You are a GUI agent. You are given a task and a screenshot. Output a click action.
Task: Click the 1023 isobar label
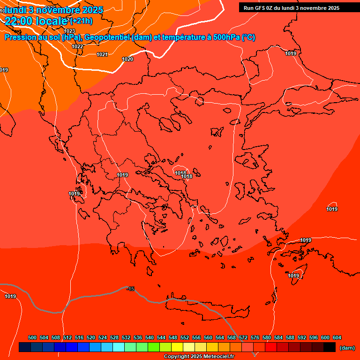click(69, 31)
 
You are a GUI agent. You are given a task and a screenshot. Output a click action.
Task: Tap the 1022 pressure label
click(78, 46)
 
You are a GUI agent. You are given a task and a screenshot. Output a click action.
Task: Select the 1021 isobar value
click(102, 54)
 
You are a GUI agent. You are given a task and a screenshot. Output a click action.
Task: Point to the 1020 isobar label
click(127, 59)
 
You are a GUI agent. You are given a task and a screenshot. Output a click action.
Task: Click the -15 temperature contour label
click(130, 289)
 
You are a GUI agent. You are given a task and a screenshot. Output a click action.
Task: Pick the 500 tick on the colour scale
click(32, 337)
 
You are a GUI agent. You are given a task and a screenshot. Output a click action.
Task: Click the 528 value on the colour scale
click(114, 337)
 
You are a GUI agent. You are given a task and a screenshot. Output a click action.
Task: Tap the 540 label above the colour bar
click(150, 337)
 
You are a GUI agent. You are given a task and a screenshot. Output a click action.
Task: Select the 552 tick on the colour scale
click(185, 337)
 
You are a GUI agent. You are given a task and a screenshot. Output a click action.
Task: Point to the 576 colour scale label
click(255, 337)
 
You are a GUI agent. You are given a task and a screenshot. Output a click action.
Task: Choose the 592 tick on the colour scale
click(302, 337)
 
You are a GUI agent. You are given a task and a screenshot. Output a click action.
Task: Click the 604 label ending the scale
click(337, 337)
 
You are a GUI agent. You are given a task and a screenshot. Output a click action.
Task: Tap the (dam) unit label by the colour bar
click(347, 347)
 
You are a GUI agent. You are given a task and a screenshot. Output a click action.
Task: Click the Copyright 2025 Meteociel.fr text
click(199, 357)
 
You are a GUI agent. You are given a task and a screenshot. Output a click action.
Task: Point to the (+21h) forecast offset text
click(81, 21)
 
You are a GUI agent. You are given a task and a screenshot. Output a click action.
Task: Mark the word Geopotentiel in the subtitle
click(107, 37)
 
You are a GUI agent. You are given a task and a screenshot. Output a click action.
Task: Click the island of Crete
click(206, 307)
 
